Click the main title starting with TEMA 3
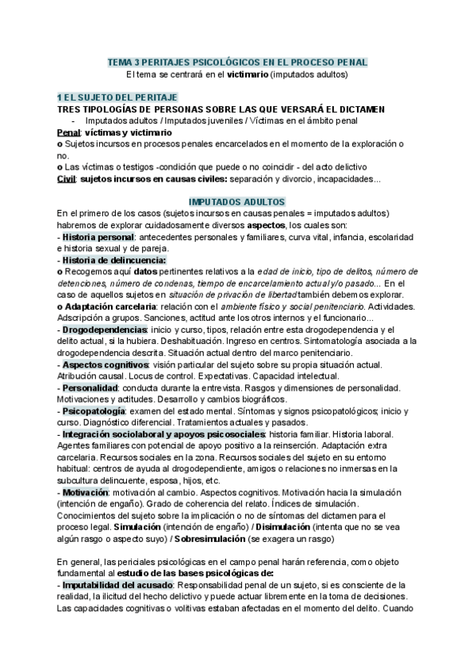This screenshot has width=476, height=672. click(x=237, y=62)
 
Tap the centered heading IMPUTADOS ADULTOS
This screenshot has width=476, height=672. click(x=237, y=203)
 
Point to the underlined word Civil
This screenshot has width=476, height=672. click(x=66, y=179)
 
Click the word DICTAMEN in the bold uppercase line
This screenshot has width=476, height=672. click(x=382, y=108)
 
